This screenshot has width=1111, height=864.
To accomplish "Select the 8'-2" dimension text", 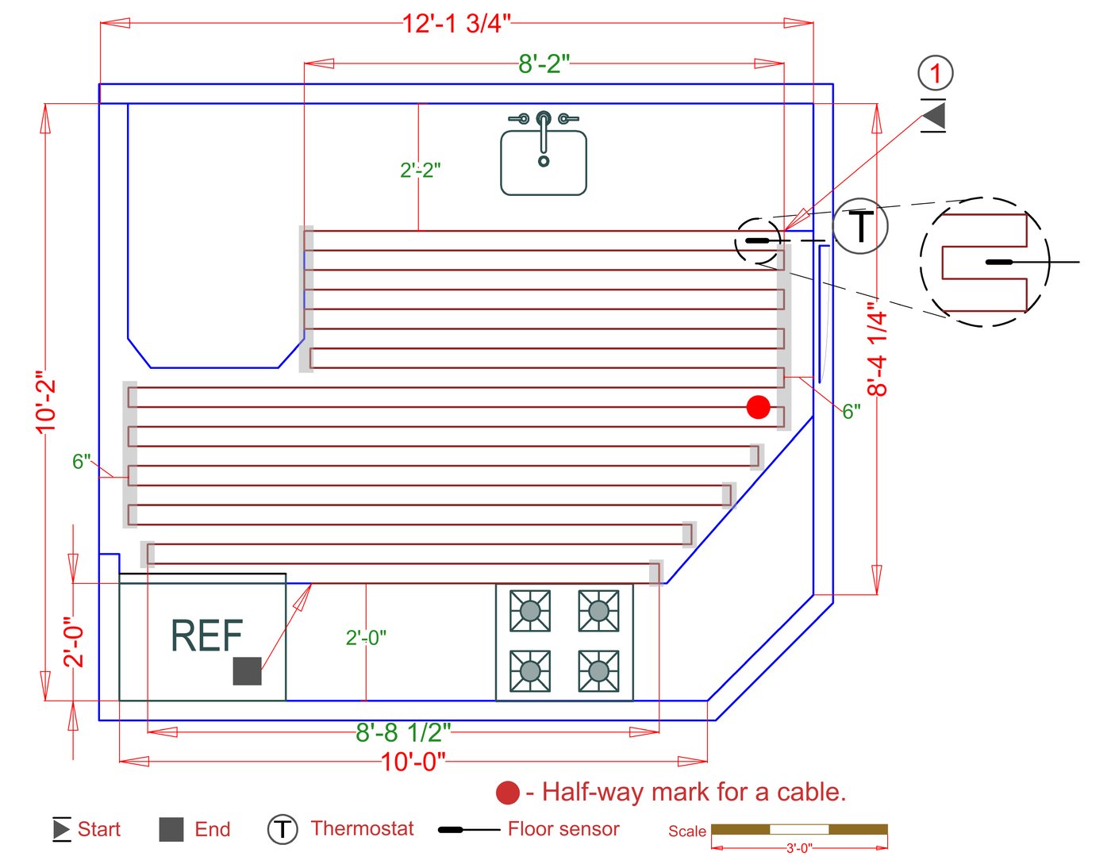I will coord(544,63).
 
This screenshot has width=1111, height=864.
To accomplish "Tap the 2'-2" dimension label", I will coord(421,170).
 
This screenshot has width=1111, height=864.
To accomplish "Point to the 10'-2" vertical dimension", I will coord(47,402).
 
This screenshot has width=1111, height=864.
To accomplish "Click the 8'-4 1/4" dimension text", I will coord(877,348).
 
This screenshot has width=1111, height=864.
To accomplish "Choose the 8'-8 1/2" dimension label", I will coord(403,732).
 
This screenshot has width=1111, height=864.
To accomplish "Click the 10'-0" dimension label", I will coord(413,762).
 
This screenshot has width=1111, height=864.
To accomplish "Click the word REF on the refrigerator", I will coord(206,636).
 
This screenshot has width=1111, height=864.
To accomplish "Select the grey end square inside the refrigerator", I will coord(247,671).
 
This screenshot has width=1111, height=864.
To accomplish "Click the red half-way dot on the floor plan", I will coord(759,407).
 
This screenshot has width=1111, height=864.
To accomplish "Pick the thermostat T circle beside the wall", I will coord(860,226).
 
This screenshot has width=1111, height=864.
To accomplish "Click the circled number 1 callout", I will coord(936,73).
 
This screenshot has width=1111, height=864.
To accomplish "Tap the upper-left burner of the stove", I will coord(530,611).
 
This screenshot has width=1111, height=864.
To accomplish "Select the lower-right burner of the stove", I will coord(599,672).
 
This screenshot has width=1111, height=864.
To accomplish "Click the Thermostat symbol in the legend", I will coord(282,830).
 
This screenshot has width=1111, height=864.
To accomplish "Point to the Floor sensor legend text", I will coord(563,829).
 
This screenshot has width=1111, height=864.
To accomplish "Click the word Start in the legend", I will coord(99,830).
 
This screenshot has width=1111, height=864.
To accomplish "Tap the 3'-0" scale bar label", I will coord(799,848).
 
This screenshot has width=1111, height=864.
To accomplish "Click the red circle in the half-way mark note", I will coord(508,793).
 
